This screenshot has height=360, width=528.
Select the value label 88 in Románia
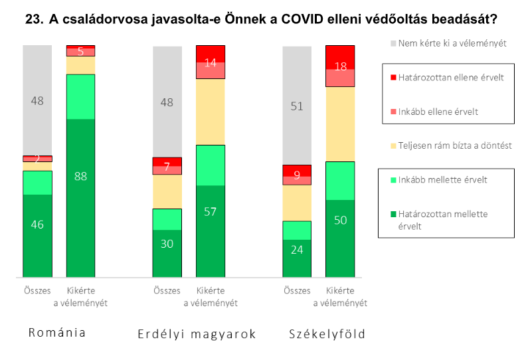coord(80,177)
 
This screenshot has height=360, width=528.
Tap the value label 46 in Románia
coord(37,225)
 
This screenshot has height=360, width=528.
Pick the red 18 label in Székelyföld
coord(340,66)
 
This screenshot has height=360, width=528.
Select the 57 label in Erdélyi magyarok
coord(211,213)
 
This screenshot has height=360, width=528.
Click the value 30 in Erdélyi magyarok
coord(167,244)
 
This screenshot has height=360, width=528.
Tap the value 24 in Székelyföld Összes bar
coord(297,250)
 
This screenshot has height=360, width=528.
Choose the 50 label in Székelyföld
coord(340,221)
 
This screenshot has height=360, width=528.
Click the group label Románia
coord(57,333)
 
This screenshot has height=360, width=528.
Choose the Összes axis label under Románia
coord(37,290)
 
